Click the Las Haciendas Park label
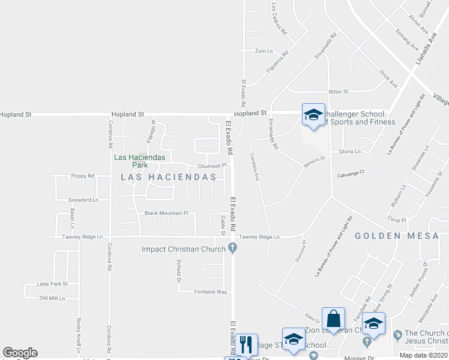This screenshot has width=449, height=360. [x=131, y=161]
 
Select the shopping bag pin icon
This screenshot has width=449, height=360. [x=333, y=319]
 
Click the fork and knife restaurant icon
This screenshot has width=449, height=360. [x=246, y=344]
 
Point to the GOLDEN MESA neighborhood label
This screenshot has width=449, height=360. [x=397, y=236]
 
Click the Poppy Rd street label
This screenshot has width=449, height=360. [x=83, y=176]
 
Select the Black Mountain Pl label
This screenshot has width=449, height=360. [x=166, y=213]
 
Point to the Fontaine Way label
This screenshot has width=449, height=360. [x=210, y=292]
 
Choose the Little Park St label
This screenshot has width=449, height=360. [x=52, y=284]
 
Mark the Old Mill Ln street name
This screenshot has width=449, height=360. [x=52, y=298]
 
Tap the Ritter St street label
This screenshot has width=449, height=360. [x=338, y=91]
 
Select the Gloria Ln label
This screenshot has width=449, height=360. [x=350, y=152]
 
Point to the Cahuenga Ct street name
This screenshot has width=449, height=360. [x=351, y=175]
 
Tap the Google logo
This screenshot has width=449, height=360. [x=20, y=353]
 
